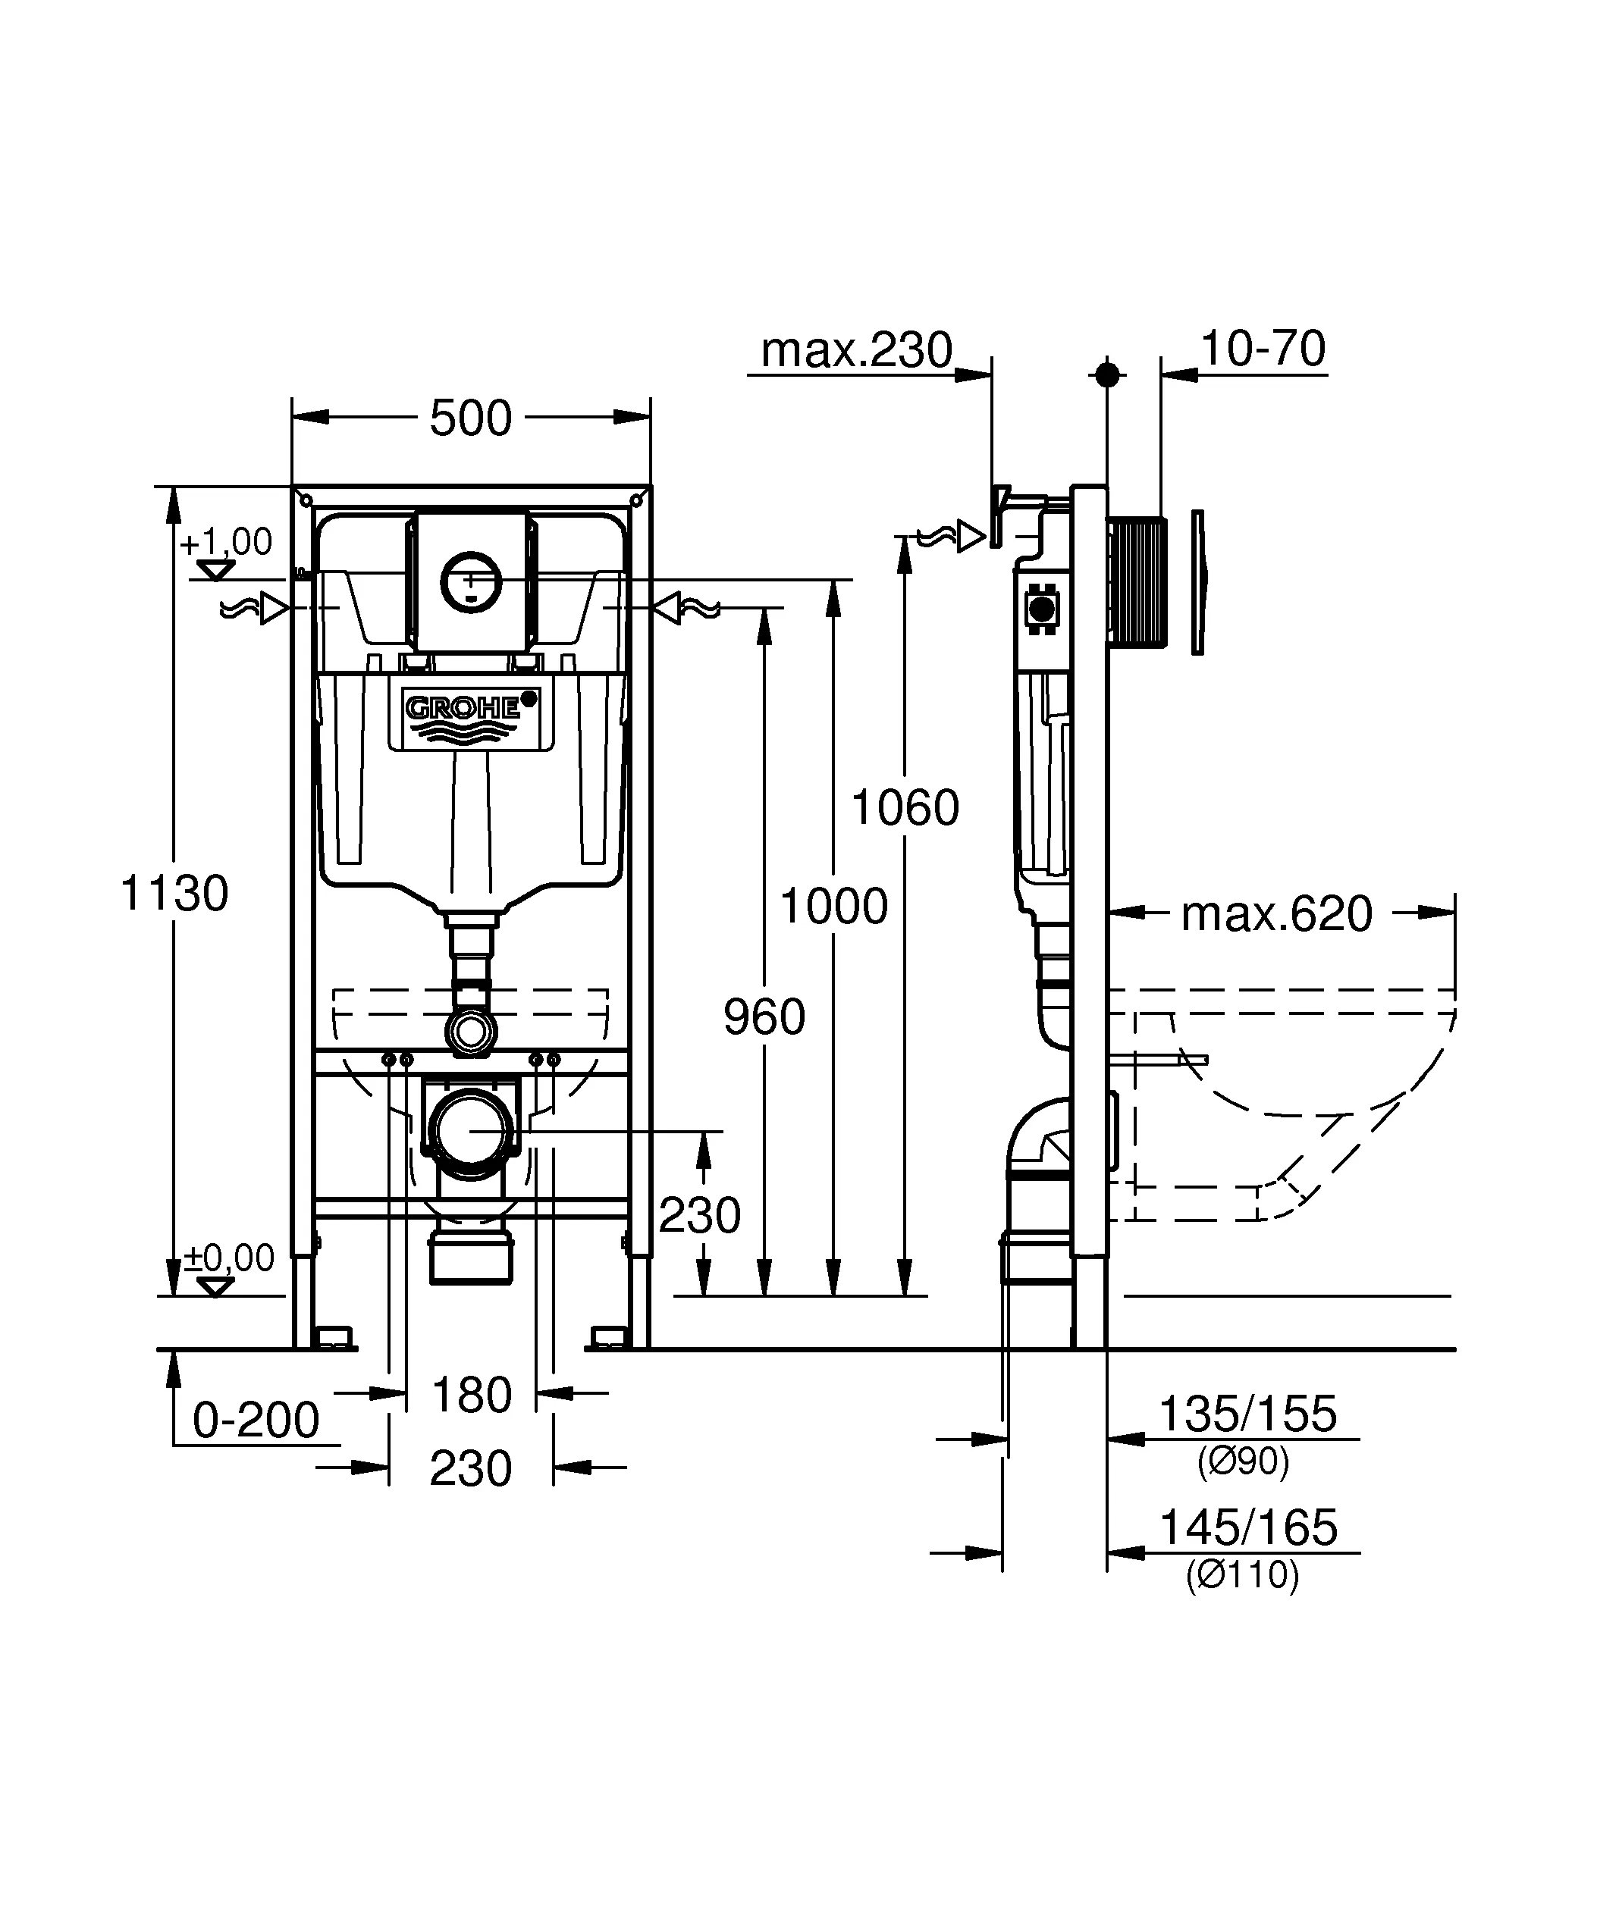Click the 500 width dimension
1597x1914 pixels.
tap(470, 419)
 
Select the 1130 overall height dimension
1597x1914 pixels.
tap(174, 893)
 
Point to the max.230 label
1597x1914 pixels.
tap(856, 350)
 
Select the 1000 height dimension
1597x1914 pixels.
tap(834, 907)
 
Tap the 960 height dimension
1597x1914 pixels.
tap(764, 1017)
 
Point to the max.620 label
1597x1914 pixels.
tap(1276, 914)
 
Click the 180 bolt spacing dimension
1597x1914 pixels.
tap(471, 1396)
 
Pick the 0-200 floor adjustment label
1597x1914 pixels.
tap(256, 1420)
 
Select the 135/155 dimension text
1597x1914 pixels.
tap(1247, 1414)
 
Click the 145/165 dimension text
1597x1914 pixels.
tap(1247, 1527)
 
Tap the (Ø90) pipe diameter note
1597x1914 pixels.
tap(1242, 1462)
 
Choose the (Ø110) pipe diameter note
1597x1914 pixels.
tap(1242, 1575)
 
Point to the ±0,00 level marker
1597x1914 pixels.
tap(229, 1258)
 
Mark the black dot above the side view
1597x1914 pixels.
tap(1106, 374)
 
